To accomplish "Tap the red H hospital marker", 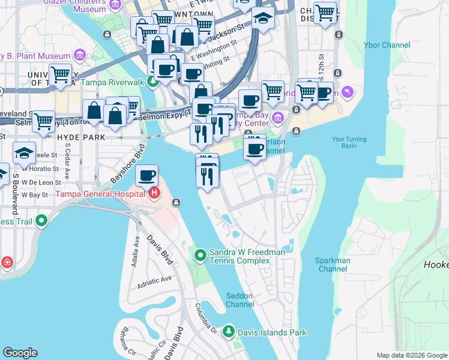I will click(x=155, y=193).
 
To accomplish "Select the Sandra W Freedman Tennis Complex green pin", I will click(x=201, y=256).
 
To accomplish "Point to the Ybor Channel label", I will click(x=387, y=45).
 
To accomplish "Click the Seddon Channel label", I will click(x=240, y=299).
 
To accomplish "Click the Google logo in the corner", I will click(x=20, y=353).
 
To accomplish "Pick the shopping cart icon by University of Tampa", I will click(x=60, y=75).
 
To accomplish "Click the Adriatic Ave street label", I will click(x=155, y=278).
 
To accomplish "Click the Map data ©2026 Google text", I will click(x=412, y=355).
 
